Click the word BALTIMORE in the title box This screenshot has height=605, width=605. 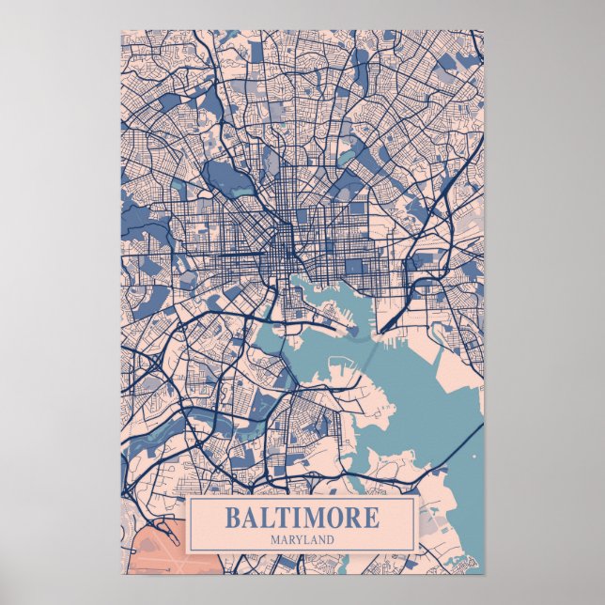click(302, 518)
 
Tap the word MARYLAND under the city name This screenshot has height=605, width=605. click(302, 540)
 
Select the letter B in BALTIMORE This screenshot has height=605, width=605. click(231, 518)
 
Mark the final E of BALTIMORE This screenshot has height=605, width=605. click(372, 518)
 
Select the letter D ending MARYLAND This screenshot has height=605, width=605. click(331, 540)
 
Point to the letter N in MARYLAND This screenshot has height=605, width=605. click(321, 540)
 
